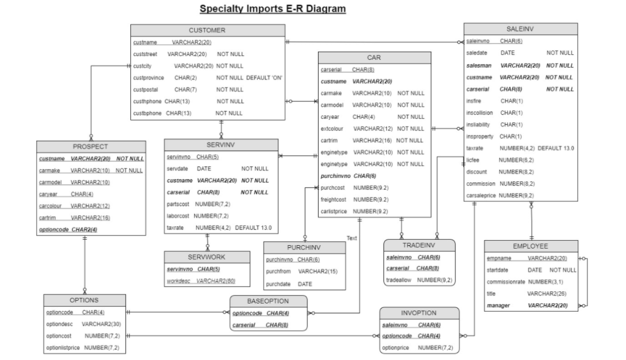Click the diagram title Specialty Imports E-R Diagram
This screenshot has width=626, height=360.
click(x=272, y=9)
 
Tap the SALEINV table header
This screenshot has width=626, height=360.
click(x=520, y=28)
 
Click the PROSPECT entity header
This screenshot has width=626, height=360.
click(x=90, y=146)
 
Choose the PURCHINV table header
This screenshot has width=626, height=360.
click(x=304, y=247)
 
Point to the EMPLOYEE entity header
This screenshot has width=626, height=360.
click(x=531, y=246)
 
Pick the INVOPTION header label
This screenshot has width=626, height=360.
click(x=419, y=313)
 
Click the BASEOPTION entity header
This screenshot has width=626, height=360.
click(x=269, y=301)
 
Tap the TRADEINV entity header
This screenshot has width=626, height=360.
click(x=419, y=245)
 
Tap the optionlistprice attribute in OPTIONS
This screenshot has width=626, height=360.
click(x=64, y=348)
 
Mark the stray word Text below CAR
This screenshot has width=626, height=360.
click(x=351, y=238)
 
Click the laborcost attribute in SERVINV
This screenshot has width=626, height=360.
click(x=179, y=216)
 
